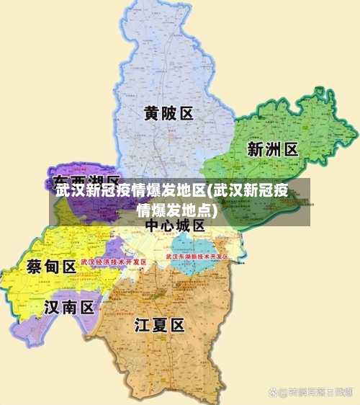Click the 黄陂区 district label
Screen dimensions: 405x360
pyautogui.click(x=168, y=114)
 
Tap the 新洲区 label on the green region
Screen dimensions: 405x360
pyautogui.click(x=273, y=149)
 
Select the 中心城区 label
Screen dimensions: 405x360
pyautogui.click(x=175, y=226)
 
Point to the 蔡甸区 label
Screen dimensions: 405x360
pyautogui.click(x=51, y=266)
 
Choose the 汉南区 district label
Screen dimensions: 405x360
pyautogui.click(x=69, y=308)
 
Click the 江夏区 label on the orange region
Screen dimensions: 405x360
pyautogui.click(x=160, y=325)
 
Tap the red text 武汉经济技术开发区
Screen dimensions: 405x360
pyautogui.click(x=113, y=262)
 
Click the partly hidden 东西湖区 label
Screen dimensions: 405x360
pyautogui.click(x=86, y=180)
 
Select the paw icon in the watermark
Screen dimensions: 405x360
pyautogui.click(x=273, y=392)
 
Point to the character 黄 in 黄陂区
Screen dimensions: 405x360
pyautogui.click(x=151, y=114)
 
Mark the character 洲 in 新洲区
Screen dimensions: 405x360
pyautogui.click(x=273, y=149)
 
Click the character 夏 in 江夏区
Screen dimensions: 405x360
pyautogui.click(x=160, y=325)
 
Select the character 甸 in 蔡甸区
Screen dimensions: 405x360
pyautogui.click(x=51, y=266)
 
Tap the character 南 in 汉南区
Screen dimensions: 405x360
pyautogui.click(x=69, y=308)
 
